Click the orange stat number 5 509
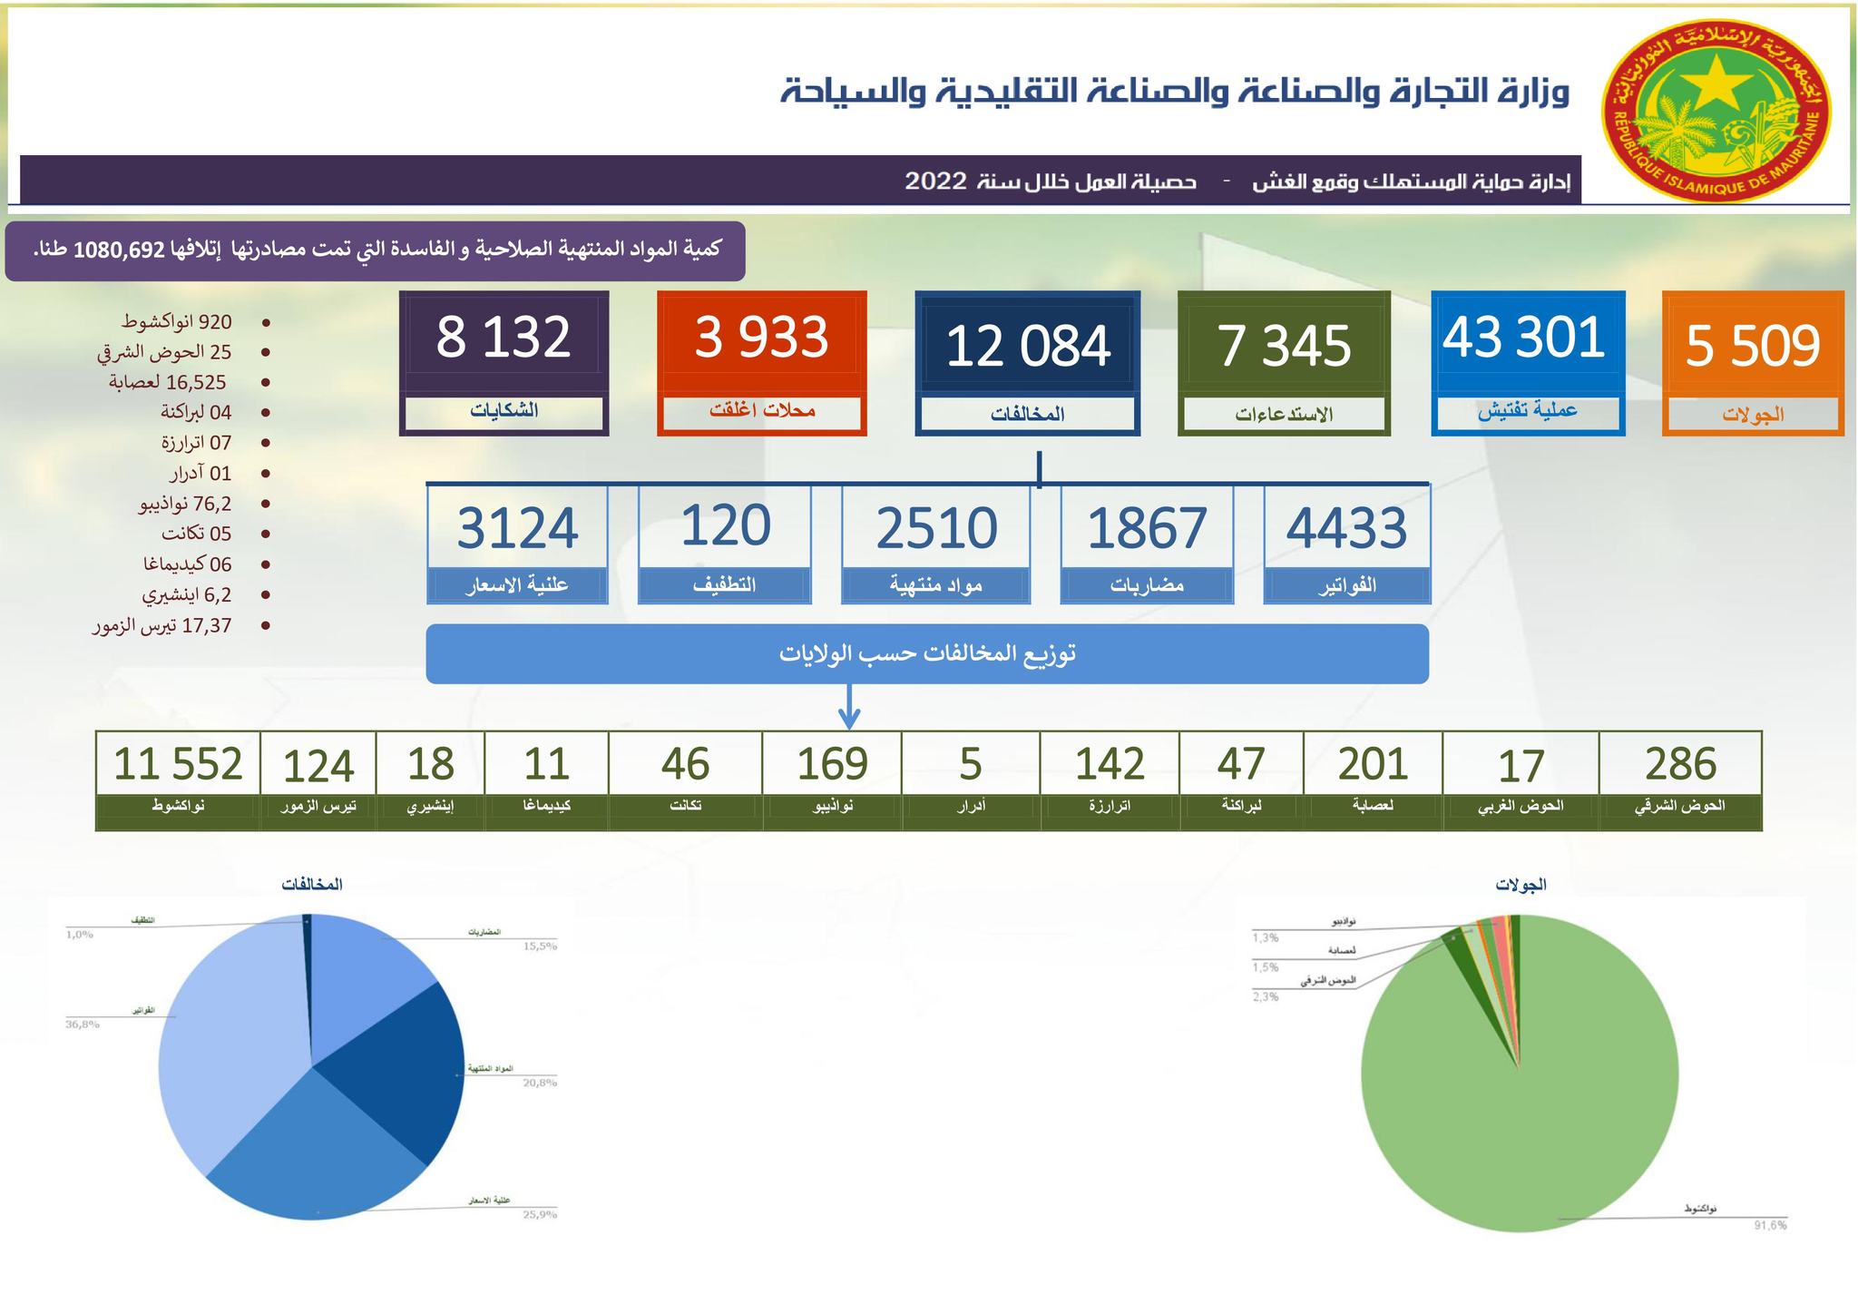1753,346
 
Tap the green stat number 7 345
1284,346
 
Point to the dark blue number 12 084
1027,346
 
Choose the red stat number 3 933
761,337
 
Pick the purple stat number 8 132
504,337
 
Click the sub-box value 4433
1346,528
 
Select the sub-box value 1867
1147,528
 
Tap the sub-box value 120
725,525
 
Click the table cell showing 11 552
178,764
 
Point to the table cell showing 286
1680,764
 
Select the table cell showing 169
832,764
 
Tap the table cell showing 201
1373,764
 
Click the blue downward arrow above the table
848,708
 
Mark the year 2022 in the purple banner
935,181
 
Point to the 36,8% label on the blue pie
82,1025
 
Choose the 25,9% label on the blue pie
540,1214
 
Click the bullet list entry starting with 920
177,322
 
